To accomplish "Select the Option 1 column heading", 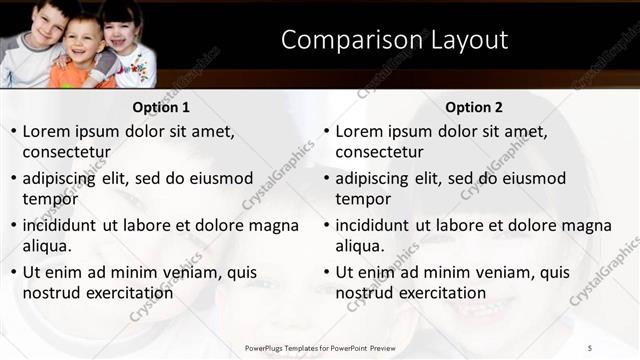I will point(160,107).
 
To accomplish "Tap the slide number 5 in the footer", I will point(590,347).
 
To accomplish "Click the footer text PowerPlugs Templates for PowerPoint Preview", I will point(320,347).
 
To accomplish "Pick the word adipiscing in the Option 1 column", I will point(66,179).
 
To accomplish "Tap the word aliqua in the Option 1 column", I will point(47,246).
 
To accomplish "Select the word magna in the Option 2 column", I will point(590,225).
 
